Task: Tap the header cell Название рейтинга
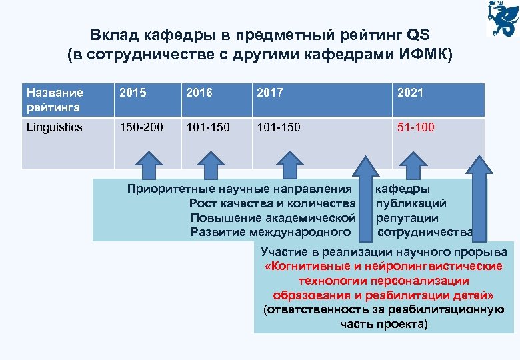coord(55,99)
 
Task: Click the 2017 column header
coord(270,93)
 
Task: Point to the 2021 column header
coord(409,93)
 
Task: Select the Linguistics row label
coord(55,127)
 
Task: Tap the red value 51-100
coord(416,127)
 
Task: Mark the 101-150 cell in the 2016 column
coord(206,127)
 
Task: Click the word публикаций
coord(411,203)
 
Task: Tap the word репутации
coord(407,217)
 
